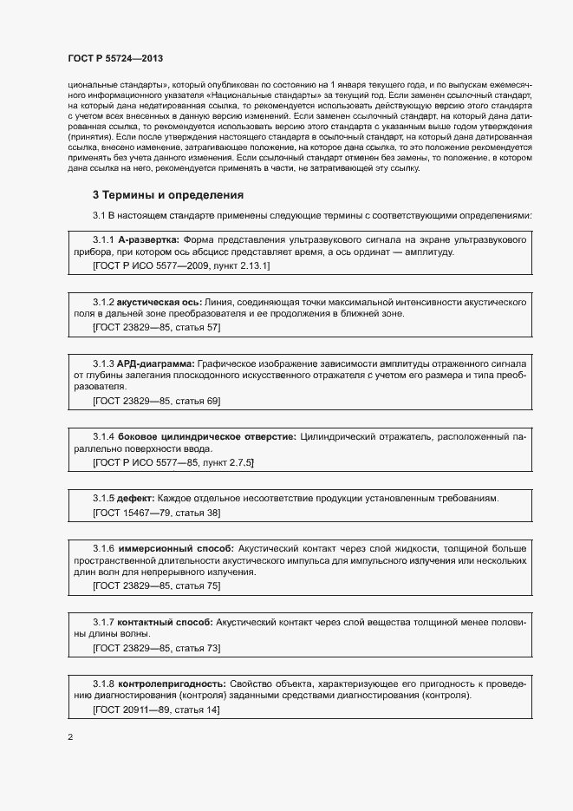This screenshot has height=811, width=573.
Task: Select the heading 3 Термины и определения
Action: (168, 194)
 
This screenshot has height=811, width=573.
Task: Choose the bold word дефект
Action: (136, 498)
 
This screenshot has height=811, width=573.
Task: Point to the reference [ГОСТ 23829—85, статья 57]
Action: (156, 327)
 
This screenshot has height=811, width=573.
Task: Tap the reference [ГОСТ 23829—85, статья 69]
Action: (156, 401)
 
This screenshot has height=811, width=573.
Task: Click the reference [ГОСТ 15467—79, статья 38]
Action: (156, 513)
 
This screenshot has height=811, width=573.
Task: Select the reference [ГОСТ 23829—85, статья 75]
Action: (156, 586)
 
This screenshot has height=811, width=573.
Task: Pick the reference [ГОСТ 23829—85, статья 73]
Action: (156, 648)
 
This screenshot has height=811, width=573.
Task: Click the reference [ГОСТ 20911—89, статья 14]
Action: (156, 710)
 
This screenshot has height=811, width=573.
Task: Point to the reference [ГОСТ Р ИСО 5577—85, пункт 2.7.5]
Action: (173, 463)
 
